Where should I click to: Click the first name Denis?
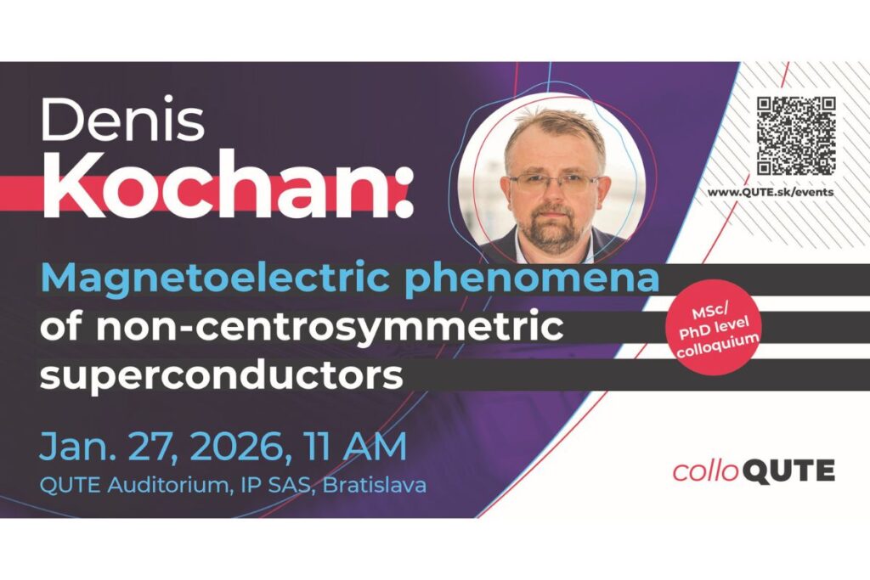[x=123, y=119]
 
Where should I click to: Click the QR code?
[x=796, y=136]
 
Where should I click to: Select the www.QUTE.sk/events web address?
[x=770, y=192]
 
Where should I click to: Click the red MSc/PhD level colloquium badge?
[x=714, y=327]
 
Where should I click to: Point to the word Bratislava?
[x=375, y=485]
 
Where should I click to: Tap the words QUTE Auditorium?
[x=134, y=486]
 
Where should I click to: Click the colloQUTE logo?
[x=754, y=471]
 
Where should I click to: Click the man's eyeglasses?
[x=553, y=183]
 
